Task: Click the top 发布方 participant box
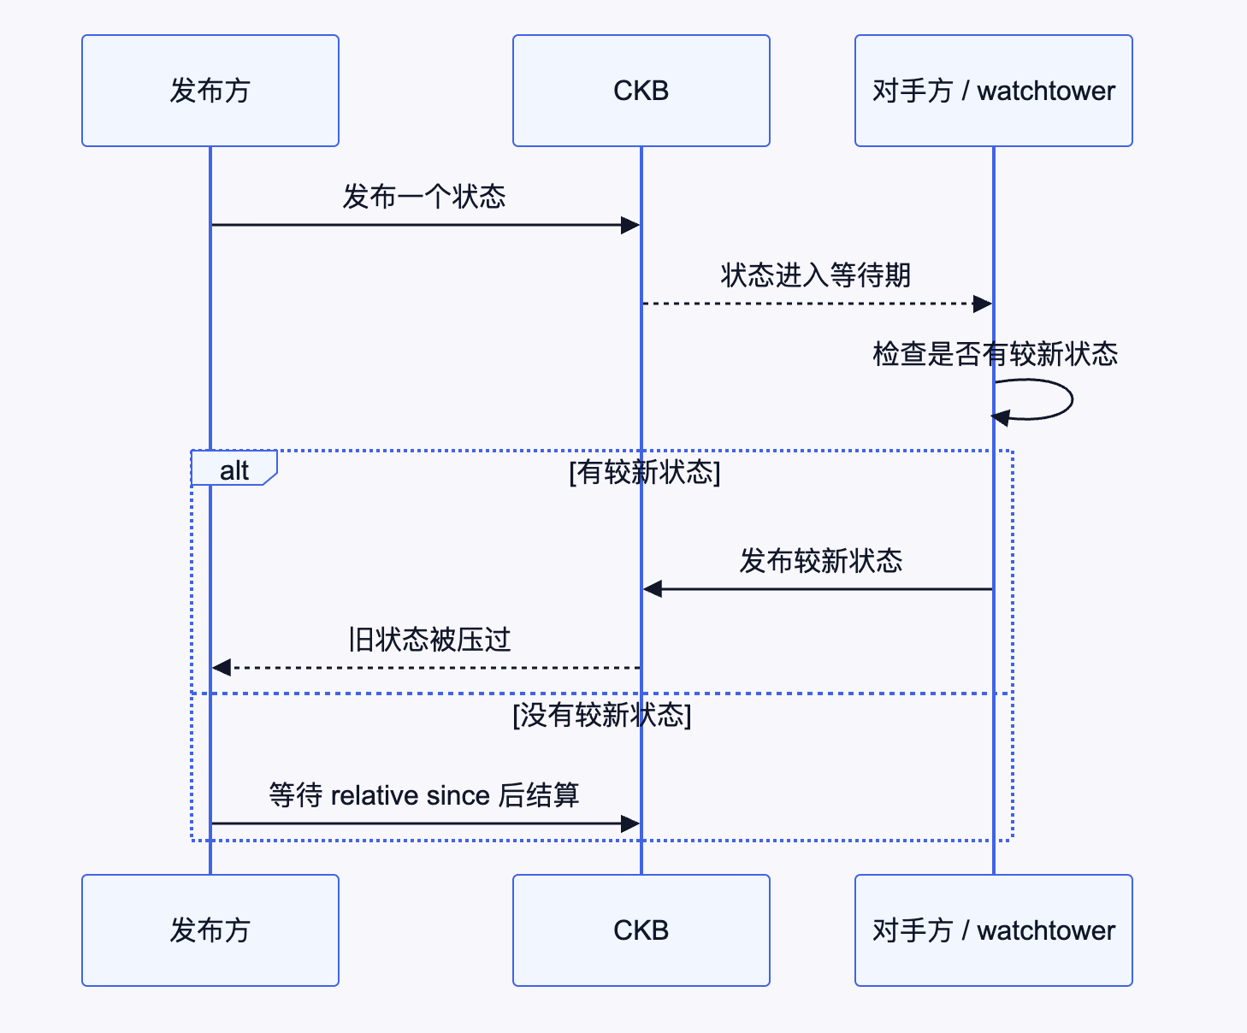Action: pyautogui.click(x=210, y=91)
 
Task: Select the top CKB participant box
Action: pyautogui.click(x=641, y=91)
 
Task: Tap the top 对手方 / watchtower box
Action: pyautogui.click(x=993, y=91)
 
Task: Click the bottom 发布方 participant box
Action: pyautogui.click(x=210, y=930)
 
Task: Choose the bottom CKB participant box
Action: pyautogui.click(x=641, y=930)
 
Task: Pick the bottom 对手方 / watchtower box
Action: pyautogui.click(x=993, y=930)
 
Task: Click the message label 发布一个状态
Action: pyautogui.click(x=424, y=197)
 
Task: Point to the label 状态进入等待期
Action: pyautogui.click(x=815, y=275)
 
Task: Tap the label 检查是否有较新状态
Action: pyautogui.click(x=995, y=353)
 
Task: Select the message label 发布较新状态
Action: pyautogui.click(x=820, y=561)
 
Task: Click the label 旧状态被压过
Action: pyautogui.click(x=429, y=640)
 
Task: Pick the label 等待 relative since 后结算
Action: pyautogui.click(x=424, y=795)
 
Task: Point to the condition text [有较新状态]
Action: pyautogui.click(x=645, y=472)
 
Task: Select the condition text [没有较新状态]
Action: pyautogui.click(x=602, y=715)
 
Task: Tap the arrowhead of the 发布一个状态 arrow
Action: pyautogui.click(x=630, y=225)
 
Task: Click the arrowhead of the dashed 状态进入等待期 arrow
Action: pyautogui.click(x=983, y=304)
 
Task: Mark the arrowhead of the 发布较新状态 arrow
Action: pyautogui.click(x=653, y=588)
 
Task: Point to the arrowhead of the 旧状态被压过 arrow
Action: pyautogui.click(x=222, y=668)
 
